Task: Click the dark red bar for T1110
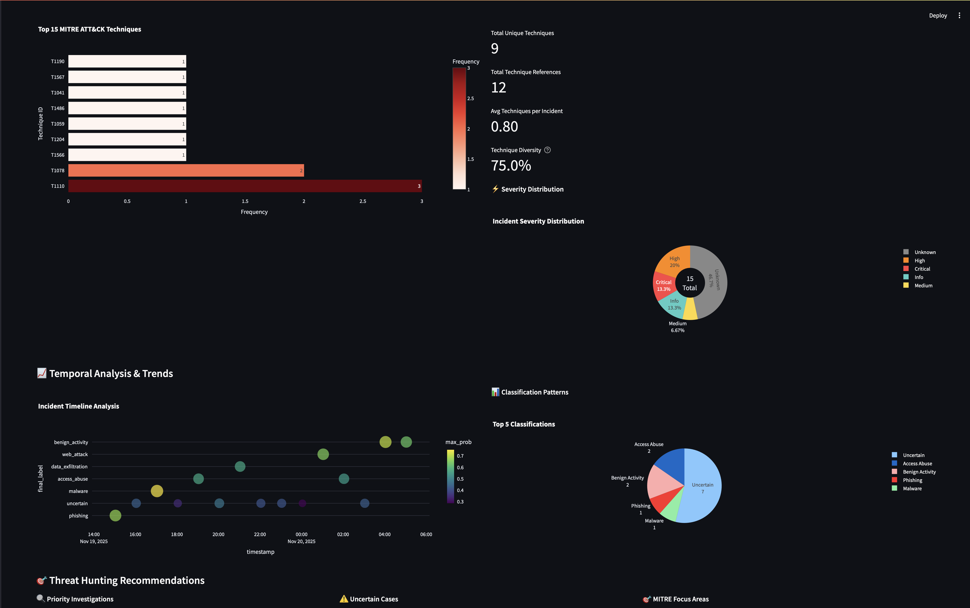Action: [245, 186]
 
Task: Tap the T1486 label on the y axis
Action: [57, 108]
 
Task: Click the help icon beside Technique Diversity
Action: [547, 150]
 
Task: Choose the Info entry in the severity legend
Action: [918, 277]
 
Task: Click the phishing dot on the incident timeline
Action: [115, 516]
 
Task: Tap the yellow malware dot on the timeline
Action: [157, 491]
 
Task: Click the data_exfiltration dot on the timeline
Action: [240, 466]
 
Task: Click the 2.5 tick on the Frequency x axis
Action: [362, 201]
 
